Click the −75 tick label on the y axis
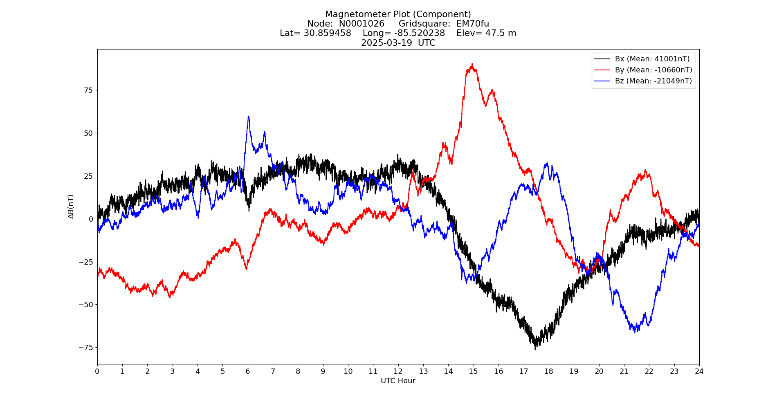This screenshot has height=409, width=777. pos(85,348)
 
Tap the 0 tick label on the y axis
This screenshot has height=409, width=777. pos(91,219)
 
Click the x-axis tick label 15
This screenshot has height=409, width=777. pos(473,371)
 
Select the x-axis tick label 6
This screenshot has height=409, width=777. pos(247,371)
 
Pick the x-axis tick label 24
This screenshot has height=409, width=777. pos(699,371)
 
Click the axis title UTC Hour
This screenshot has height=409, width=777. pos(398,381)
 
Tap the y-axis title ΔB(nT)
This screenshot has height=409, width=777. pos(71,207)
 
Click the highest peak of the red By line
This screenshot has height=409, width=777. pos(472,64)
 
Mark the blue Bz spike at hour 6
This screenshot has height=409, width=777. pos(248,117)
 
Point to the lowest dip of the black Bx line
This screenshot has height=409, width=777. pos(535,348)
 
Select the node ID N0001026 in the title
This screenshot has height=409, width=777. pos(362,24)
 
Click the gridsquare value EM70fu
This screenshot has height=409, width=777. pos(472,24)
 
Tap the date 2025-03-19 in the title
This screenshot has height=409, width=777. pos(386,43)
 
